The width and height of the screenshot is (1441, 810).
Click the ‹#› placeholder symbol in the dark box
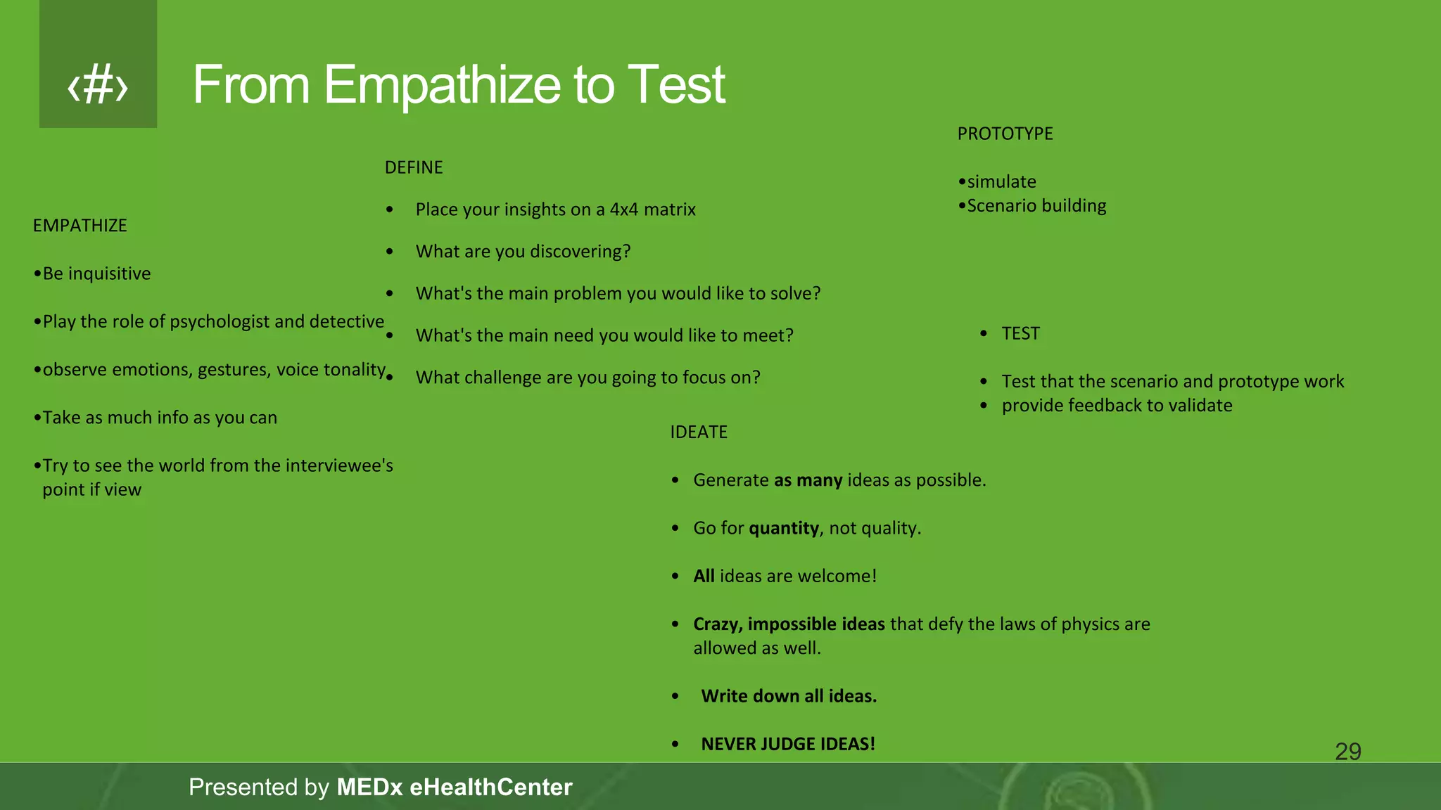click(x=98, y=86)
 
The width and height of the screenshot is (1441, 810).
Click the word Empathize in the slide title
click(x=442, y=86)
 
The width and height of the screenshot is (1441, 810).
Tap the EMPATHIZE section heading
click(x=80, y=226)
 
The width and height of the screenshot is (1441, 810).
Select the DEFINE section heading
click(x=414, y=167)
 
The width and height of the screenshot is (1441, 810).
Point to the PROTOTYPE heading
click(x=1005, y=134)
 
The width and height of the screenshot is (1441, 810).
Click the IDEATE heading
click(x=698, y=432)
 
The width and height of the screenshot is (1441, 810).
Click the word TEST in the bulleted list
click(x=1020, y=333)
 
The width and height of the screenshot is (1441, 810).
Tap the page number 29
click(x=1347, y=752)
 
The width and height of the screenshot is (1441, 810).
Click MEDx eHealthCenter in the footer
click(x=454, y=787)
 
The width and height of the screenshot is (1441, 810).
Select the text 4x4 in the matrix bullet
click(x=623, y=210)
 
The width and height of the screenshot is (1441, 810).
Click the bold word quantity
click(x=784, y=528)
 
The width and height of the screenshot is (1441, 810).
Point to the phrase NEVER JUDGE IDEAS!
click(x=787, y=744)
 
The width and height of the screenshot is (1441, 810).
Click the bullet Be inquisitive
click(x=96, y=274)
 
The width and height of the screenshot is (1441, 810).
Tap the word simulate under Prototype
click(x=1001, y=182)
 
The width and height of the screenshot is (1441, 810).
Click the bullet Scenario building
click(x=1036, y=206)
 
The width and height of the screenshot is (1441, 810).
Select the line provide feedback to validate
click(x=1117, y=406)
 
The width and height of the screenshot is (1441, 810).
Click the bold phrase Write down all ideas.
click(x=789, y=696)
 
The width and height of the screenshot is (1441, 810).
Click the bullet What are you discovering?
click(x=523, y=252)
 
